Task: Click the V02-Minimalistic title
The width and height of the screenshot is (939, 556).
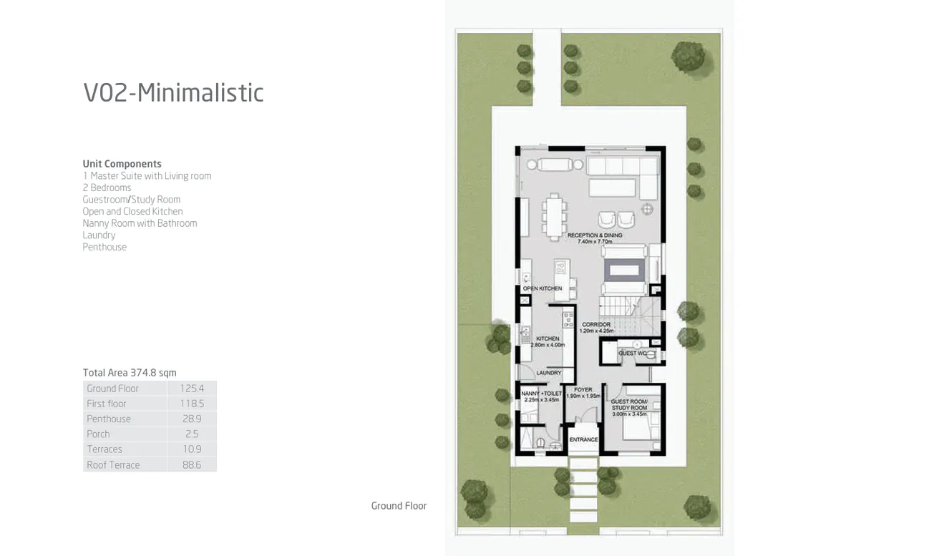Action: tap(173, 93)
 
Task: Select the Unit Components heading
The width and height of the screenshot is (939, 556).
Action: tap(122, 164)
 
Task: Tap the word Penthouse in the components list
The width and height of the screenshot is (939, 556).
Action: tap(104, 247)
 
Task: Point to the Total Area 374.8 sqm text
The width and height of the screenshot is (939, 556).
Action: tap(130, 373)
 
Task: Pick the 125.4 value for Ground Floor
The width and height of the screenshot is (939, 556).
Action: tap(192, 389)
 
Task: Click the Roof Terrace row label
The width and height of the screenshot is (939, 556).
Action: tap(113, 465)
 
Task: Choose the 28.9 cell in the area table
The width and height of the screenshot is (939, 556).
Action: tap(192, 419)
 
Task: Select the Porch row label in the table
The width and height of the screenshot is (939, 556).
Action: tap(98, 434)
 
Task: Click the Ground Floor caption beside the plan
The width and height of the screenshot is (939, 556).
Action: tap(399, 506)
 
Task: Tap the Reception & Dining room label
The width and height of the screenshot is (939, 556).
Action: tap(595, 235)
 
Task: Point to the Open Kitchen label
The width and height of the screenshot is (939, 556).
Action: tap(542, 288)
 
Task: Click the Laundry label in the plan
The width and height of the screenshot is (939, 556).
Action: tap(549, 373)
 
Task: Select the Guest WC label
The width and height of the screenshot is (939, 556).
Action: tap(633, 353)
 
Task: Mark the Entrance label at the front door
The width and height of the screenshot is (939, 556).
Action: tap(583, 439)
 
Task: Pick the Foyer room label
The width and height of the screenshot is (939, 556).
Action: tap(583, 390)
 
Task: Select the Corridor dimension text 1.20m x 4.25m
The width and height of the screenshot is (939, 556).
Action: tap(596, 331)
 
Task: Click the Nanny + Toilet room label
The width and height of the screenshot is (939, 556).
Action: tap(541, 394)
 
